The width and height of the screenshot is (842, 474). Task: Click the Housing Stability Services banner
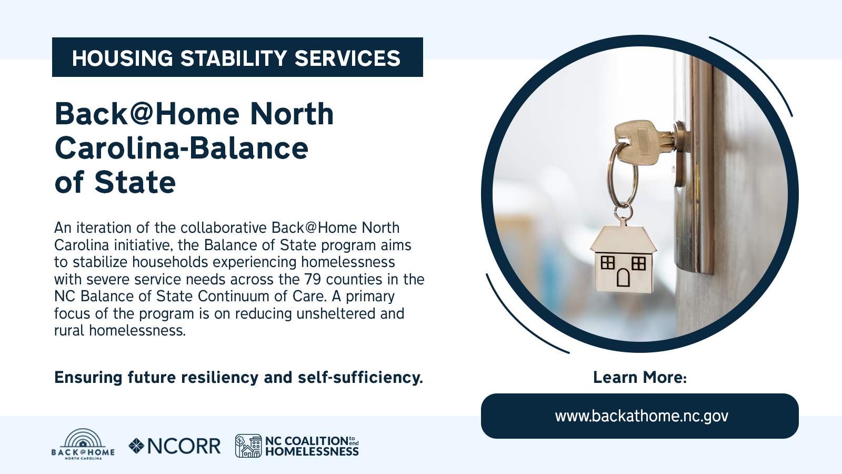coord(237,57)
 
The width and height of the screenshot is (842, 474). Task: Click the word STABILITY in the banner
coord(234,58)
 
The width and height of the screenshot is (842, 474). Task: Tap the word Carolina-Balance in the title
coord(182,148)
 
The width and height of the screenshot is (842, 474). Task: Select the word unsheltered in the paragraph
coord(336,313)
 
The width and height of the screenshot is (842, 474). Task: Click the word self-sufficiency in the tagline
coord(360,377)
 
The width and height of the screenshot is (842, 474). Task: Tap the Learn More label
coord(640,377)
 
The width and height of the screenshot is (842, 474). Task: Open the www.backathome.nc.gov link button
coord(640,416)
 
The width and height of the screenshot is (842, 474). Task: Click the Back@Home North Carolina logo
coord(83,445)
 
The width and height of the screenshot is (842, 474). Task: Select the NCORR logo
coord(174,446)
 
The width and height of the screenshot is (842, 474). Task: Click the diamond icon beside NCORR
coord(136,446)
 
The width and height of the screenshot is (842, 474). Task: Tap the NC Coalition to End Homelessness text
coord(312,446)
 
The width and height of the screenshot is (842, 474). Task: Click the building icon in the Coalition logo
coord(248,446)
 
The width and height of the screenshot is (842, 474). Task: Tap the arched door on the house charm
coord(623,277)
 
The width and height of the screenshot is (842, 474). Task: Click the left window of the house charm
coord(607,262)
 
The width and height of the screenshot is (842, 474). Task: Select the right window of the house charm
coord(639,263)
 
